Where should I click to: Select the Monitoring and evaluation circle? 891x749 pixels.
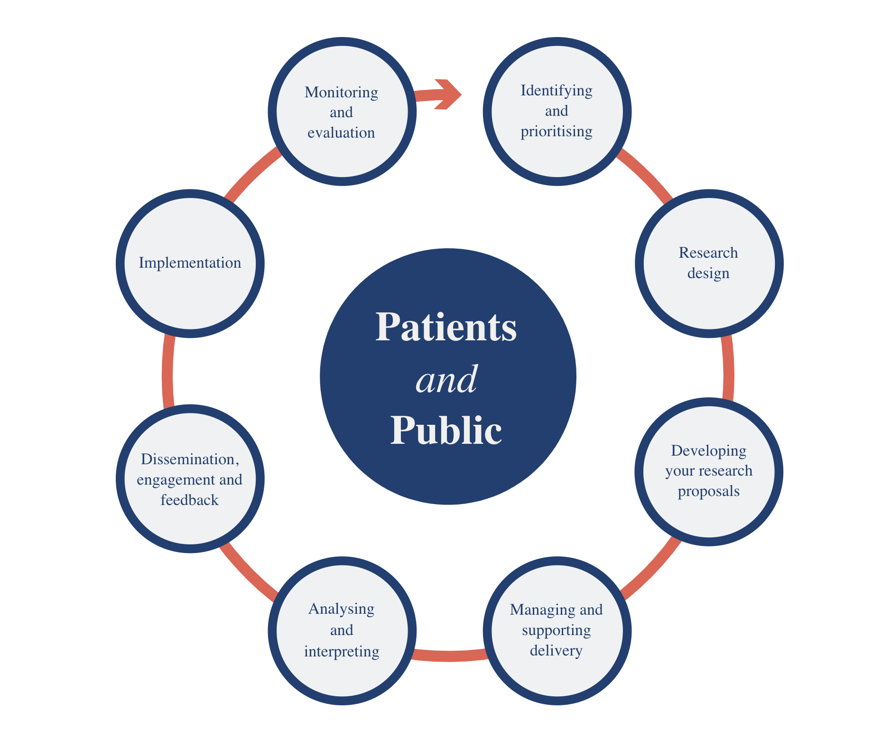tap(342, 112)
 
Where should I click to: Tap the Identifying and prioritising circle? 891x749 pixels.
tap(557, 112)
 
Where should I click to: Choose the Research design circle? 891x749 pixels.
tap(709, 263)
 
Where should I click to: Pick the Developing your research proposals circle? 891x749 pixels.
tap(708, 471)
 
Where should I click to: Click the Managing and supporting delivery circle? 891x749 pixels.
tap(557, 630)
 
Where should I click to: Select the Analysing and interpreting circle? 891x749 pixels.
tap(342, 630)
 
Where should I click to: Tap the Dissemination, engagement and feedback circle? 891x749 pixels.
tap(190, 478)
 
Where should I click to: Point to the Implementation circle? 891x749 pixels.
tap(190, 263)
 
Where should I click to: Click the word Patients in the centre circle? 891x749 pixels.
tap(446, 328)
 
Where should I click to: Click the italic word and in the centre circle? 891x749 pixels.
tap(446, 380)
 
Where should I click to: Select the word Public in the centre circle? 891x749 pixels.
tap(446, 430)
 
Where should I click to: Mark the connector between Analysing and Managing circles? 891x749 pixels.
tap(449, 656)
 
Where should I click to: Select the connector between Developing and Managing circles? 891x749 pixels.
tap(652, 570)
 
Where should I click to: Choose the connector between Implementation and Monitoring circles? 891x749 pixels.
tap(251, 173)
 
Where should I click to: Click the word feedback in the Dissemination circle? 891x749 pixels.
tap(189, 500)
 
